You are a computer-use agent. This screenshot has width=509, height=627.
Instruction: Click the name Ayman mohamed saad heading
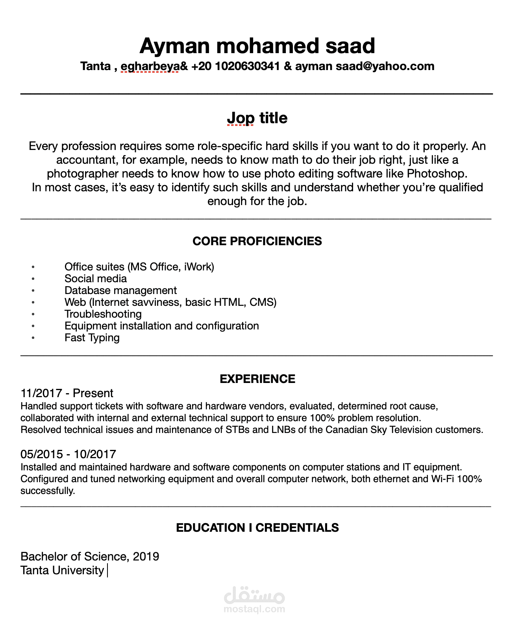pyautogui.click(x=257, y=46)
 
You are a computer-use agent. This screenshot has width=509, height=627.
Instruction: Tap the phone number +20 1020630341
pyautogui.click(x=235, y=66)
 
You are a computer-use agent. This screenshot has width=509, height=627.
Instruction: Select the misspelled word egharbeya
pyautogui.click(x=150, y=66)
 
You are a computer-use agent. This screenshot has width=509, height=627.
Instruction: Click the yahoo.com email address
pyautogui.click(x=385, y=66)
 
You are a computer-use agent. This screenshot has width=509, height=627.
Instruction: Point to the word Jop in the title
pyautogui.click(x=241, y=118)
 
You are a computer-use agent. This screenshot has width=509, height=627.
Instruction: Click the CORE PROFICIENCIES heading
pyautogui.click(x=257, y=241)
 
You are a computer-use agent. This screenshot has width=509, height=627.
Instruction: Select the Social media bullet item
pyautogui.click(x=96, y=279)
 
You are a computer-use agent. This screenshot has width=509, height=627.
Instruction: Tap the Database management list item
pyautogui.click(x=120, y=290)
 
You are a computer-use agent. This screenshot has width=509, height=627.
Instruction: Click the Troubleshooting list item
pyautogui.click(x=103, y=314)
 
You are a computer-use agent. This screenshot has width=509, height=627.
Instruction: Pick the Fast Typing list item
pyautogui.click(x=92, y=338)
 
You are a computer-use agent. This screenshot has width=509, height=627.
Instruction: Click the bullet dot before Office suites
pyautogui.click(x=33, y=267)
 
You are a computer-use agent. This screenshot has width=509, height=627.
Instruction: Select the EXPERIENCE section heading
pyautogui.click(x=257, y=379)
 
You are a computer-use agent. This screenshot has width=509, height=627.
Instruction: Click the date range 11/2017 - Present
pyautogui.click(x=67, y=393)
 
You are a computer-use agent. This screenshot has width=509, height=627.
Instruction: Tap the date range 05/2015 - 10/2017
pyautogui.click(x=68, y=454)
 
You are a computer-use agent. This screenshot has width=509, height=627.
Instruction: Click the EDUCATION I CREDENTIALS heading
pyautogui.click(x=257, y=528)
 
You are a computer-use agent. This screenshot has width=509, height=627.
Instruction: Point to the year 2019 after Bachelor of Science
pyautogui.click(x=146, y=557)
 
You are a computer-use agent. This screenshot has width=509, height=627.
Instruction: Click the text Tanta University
pyautogui.click(x=62, y=570)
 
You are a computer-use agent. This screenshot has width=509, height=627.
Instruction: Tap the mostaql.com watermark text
pyautogui.click(x=254, y=609)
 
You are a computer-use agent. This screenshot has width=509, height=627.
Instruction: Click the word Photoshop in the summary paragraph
pyautogui.click(x=437, y=174)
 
